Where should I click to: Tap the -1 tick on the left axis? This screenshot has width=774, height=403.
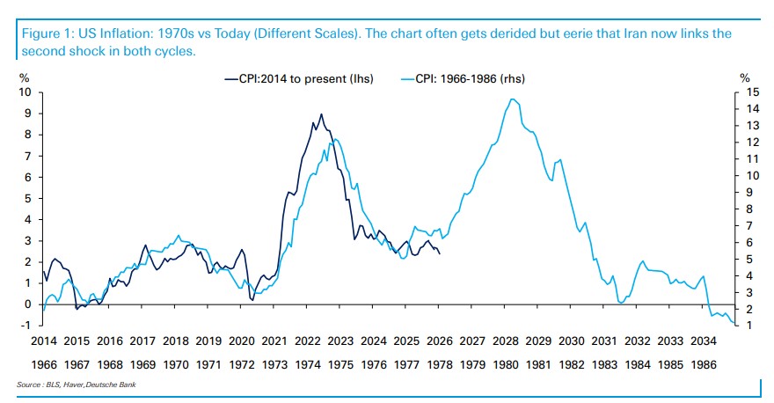[26, 325]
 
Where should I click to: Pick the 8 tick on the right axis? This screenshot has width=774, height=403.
[750, 209]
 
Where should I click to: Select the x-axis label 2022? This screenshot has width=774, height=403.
[307, 341]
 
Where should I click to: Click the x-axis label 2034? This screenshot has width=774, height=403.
[703, 341]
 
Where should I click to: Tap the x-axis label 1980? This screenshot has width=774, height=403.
[505, 362]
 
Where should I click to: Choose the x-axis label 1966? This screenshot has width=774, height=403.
[44, 362]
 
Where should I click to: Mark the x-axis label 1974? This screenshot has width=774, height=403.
[307, 362]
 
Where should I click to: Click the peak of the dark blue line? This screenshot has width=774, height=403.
[321, 114]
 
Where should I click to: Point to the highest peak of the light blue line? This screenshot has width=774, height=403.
[513, 99]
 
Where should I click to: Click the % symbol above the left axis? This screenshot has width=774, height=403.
[24, 78]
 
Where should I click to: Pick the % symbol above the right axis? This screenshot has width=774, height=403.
[744, 78]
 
